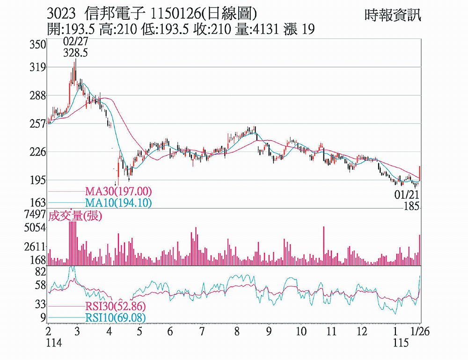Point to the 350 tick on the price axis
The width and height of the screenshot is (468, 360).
tap(38, 45)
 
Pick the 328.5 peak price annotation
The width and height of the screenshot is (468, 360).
tap(76, 53)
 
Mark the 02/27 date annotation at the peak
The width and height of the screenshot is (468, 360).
tap(76, 43)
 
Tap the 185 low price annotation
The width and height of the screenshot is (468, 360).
tap(412, 206)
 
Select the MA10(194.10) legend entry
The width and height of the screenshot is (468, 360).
tap(118, 203)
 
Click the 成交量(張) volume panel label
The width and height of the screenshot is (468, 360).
tap(75, 216)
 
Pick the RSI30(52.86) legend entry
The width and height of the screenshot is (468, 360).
tap(115, 307)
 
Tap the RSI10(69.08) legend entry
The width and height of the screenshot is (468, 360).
tap(115, 318)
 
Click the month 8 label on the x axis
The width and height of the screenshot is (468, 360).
tap(237, 332)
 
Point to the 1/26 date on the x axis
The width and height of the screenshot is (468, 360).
tap(413, 332)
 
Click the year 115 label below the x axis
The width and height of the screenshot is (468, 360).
tap(399, 344)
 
